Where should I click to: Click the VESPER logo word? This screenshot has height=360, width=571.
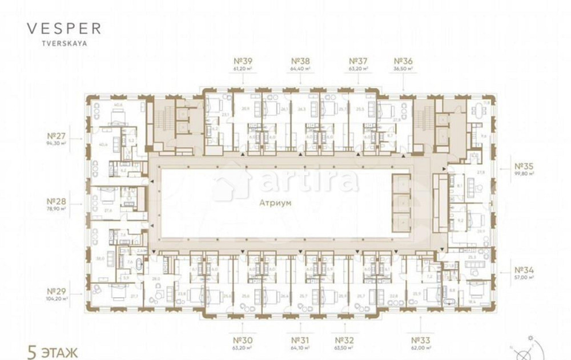[x=63, y=29]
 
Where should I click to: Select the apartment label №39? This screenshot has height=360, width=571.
[x=243, y=61]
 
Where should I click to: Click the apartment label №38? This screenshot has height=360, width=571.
[x=300, y=61]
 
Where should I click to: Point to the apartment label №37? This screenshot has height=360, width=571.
[x=358, y=61]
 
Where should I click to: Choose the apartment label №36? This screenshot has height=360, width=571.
[x=403, y=61]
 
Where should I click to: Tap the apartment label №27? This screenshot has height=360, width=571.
[x=59, y=136]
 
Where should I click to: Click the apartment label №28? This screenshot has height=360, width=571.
[x=59, y=201]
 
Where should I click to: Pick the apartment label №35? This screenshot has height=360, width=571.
[x=524, y=167]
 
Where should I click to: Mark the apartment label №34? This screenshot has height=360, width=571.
[x=524, y=270]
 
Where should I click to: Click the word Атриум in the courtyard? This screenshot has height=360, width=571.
[x=275, y=203]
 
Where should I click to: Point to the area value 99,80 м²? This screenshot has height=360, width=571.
[x=524, y=173]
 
